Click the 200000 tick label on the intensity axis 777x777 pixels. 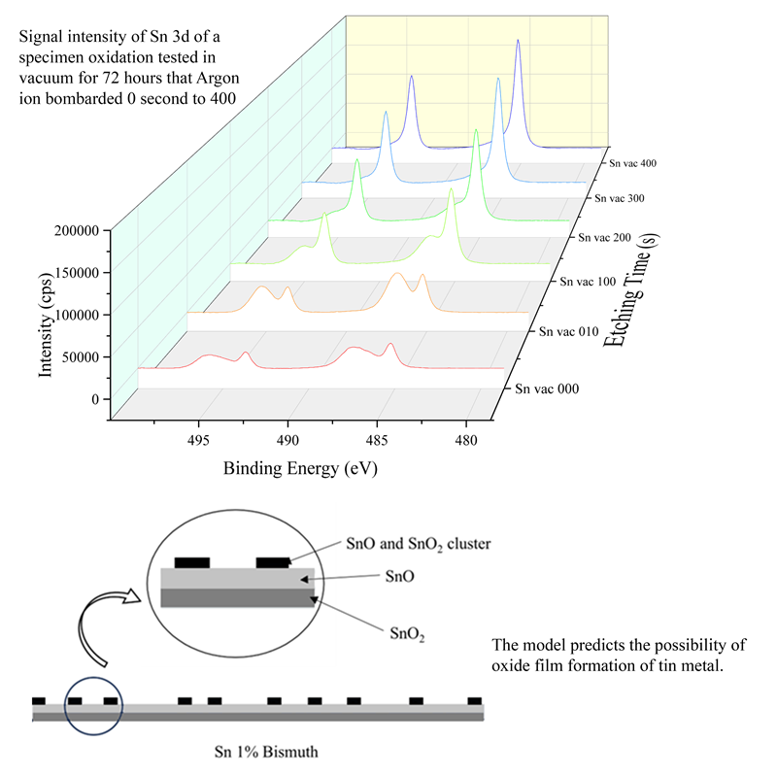[x=77, y=231]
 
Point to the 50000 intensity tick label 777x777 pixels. [x=81, y=357]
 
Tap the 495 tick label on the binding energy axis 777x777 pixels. [x=198, y=440]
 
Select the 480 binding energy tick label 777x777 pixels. [x=466, y=440]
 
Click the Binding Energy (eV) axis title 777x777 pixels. [x=300, y=468]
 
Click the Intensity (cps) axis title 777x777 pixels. [x=45, y=324]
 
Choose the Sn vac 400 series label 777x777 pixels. [x=633, y=163]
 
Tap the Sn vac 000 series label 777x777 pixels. [x=547, y=388]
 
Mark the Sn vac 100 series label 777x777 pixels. [x=588, y=282]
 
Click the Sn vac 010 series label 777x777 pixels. [x=569, y=331]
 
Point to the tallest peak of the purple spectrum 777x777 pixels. [x=518, y=41]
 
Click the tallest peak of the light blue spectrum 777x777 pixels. [x=498, y=79]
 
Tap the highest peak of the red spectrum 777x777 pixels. [x=390, y=344]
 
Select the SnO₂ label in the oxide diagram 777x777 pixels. [x=407, y=634]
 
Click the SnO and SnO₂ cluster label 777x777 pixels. [x=419, y=544]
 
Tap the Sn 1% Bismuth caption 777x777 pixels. [x=266, y=752]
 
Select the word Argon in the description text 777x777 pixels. [x=218, y=79]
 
